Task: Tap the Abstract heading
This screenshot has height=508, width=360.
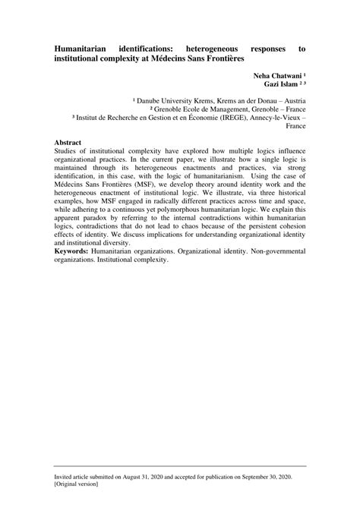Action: click(x=69, y=142)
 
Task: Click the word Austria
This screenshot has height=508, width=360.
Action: click(x=293, y=100)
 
